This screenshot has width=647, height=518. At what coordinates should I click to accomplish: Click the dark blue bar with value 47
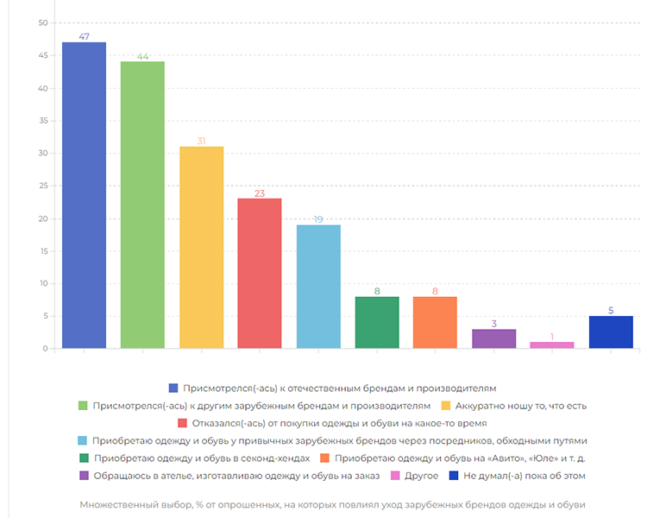click(84, 195)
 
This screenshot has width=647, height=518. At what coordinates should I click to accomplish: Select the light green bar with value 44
click(142, 205)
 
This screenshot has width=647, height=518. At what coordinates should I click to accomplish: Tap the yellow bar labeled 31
click(201, 248)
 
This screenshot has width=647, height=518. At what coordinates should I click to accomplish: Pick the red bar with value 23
click(260, 274)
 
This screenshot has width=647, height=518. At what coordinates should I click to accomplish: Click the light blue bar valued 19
click(318, 287)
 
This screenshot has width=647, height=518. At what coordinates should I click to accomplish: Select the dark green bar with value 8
click(377, 323)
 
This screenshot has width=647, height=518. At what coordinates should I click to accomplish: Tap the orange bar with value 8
click(435, 323)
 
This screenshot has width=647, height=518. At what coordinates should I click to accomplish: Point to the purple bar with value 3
click(493, 339)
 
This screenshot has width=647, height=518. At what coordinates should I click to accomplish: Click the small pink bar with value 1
click(552, 345)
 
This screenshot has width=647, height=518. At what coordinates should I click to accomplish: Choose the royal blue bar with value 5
click(611, 332)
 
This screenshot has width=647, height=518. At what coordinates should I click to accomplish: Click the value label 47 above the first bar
click(84, 36)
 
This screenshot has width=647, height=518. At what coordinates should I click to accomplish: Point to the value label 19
click(318, 219)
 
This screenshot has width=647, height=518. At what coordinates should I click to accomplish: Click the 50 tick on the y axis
click(43, 23)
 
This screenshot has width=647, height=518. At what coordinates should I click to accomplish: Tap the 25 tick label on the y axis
click(43, 186)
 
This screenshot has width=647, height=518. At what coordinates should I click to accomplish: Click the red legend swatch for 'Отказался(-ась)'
click(182, 423)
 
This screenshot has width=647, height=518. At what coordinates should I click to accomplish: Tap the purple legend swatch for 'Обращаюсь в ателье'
click(84, 476)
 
